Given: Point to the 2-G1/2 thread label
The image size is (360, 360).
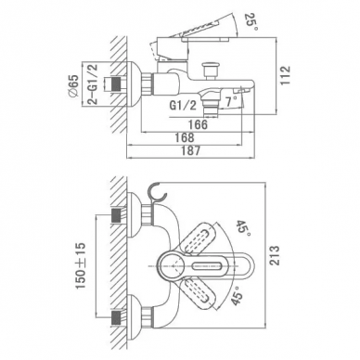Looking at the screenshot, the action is pyautogui.click(x=92, y=84).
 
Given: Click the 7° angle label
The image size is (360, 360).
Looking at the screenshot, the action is pyautogui.click(x=231, y=101).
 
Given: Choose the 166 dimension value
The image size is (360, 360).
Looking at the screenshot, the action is pyautogui.click(x=198, y=124).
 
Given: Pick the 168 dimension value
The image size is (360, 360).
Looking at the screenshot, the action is pyautogui.click(x=184, y=137).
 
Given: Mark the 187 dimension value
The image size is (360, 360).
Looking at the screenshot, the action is pyautogui.click(x=190, y=151).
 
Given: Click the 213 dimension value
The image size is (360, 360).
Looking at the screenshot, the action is pyautogui.click(x=275, y=255).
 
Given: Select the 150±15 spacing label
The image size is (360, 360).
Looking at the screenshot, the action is pyautogui.click(x=81, y=266).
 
